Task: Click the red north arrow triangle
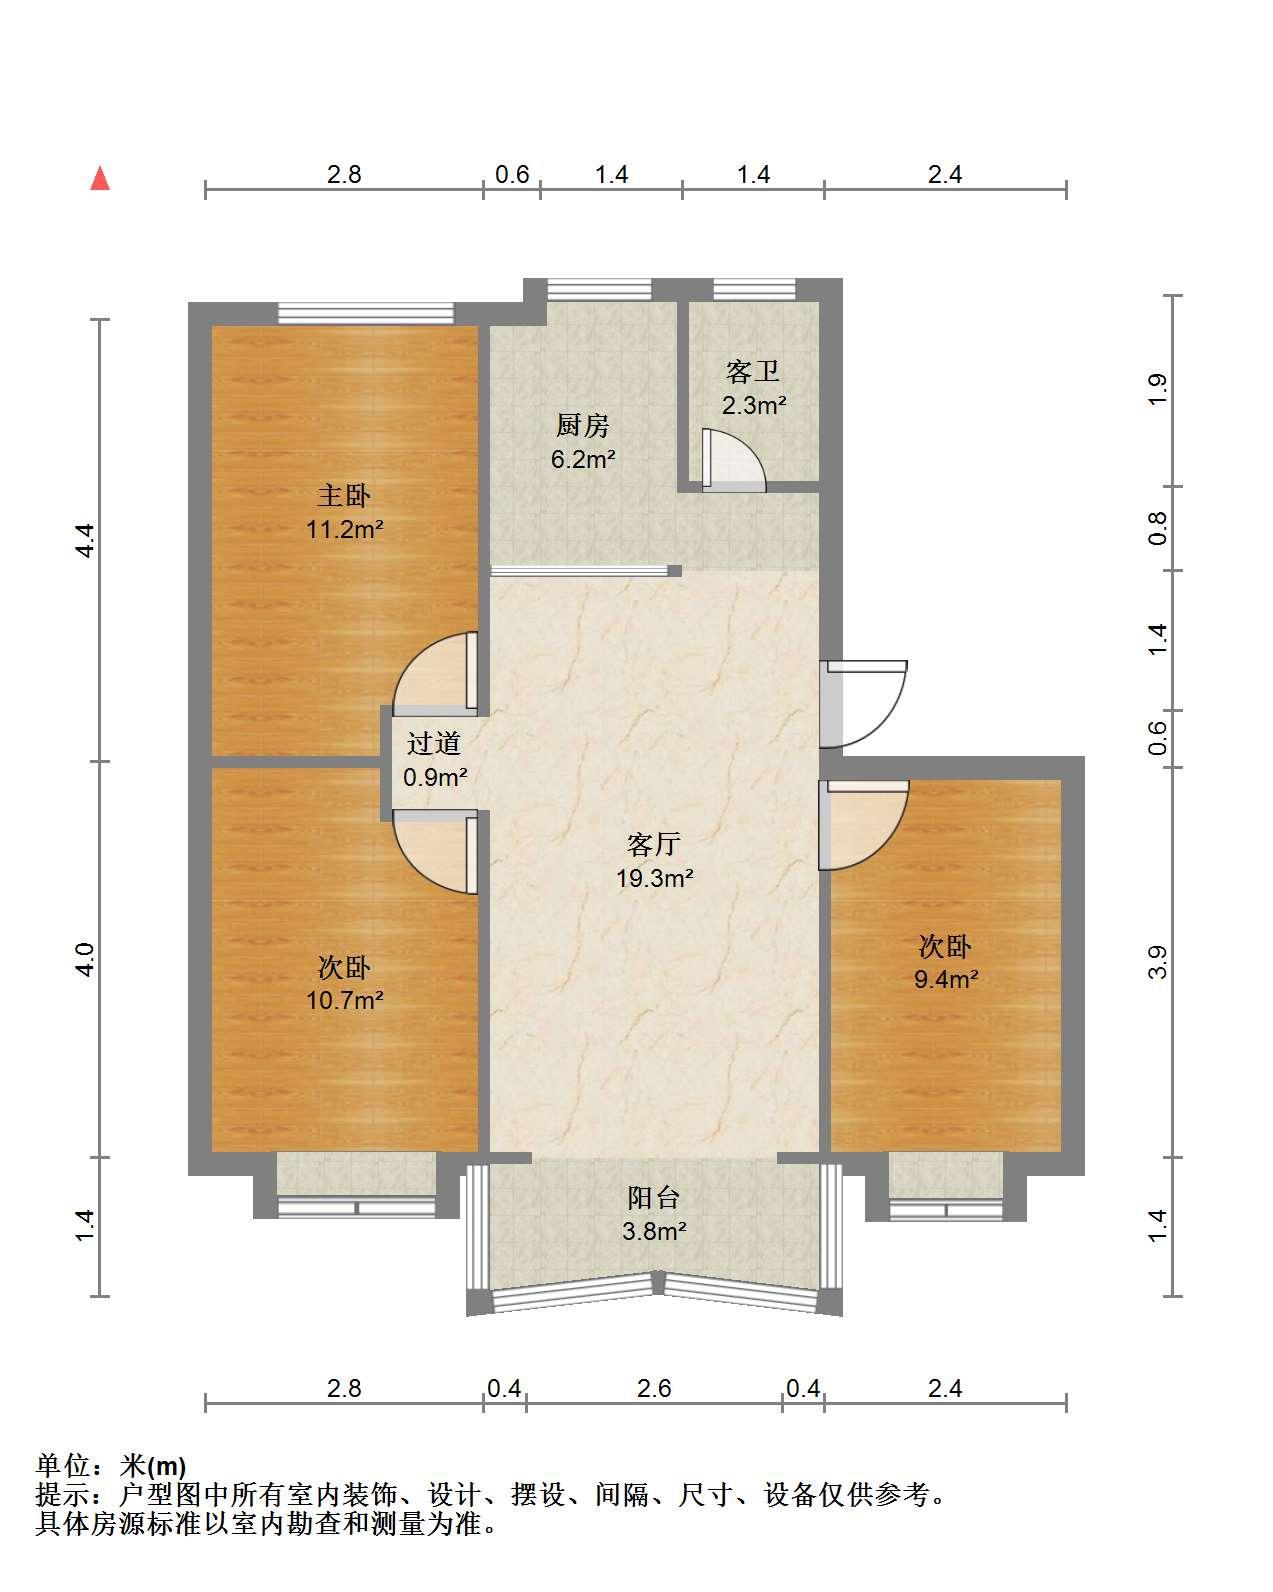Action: click(100, 179)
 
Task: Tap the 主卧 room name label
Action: click(344, 495)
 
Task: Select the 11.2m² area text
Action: click(345, 529)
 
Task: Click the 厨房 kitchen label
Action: click(583, 425)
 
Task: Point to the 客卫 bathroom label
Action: click(752, 371)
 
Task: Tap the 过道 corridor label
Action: click(433, 743)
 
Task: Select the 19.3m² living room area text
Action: click(655, 878)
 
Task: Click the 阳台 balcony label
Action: click(654, 1198)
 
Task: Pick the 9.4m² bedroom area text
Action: click(946, 979)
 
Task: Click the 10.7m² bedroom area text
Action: click(345, 1000)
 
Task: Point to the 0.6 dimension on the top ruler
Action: click(512, 175)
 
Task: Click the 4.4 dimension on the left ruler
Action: click(86, 540)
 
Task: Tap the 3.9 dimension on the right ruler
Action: click(1157, 962)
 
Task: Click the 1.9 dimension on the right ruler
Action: click(1157, 390)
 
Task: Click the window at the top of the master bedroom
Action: click(365, 314)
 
